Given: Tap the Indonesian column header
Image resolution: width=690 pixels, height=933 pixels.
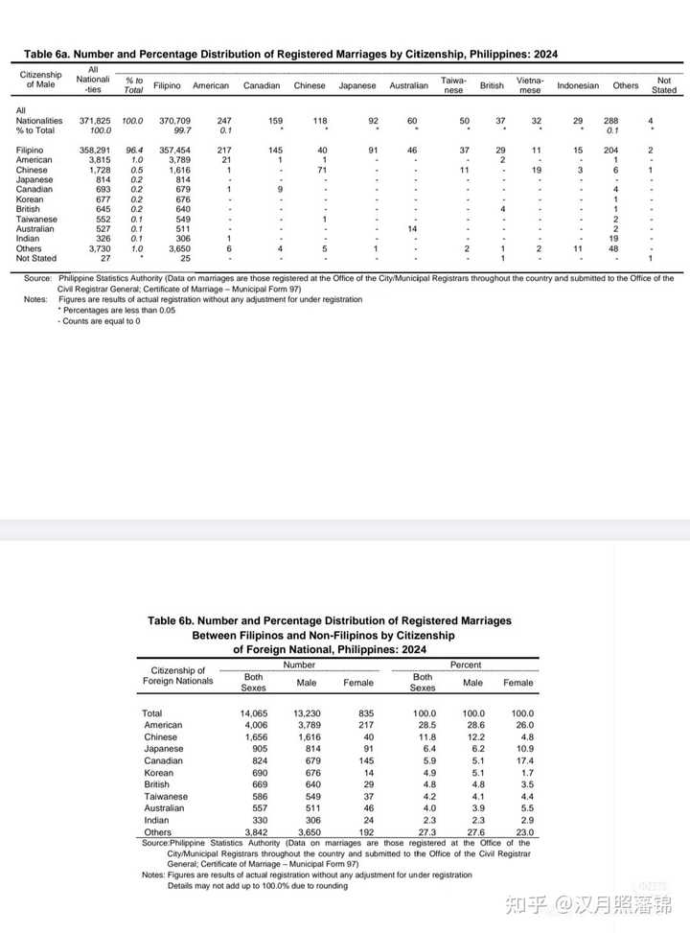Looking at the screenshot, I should coord(578,85).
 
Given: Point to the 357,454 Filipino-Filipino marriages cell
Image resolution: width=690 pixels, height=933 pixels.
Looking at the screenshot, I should coord(173,151).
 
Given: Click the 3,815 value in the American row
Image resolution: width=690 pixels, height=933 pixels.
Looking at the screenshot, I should coord(98,160).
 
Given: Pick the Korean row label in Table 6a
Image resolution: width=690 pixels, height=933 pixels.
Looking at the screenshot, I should coord(30,199).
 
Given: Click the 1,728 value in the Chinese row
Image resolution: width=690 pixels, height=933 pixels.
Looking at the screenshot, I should coord(98,170).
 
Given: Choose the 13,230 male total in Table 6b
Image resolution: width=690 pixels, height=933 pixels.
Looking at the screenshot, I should coord(306,713).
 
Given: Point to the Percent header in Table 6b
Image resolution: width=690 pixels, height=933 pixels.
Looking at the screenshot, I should coord(466,665).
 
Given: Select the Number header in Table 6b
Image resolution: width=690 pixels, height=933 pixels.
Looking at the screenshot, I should coord(298,665).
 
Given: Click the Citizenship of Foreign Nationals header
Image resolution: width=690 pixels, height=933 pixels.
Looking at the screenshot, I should coord(178,675).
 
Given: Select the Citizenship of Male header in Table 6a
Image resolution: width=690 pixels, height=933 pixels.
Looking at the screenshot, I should coord(40,80).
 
